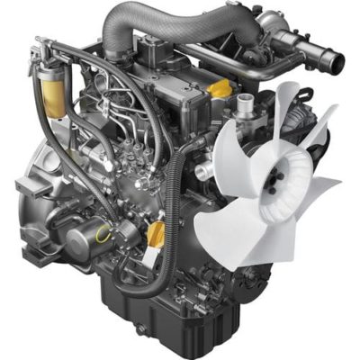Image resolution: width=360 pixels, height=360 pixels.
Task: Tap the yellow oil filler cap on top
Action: coord(219,89)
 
